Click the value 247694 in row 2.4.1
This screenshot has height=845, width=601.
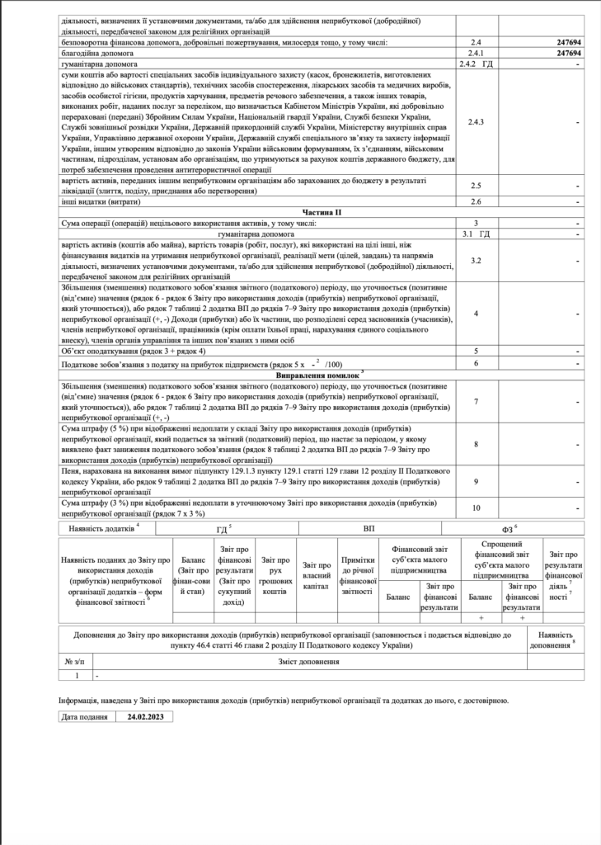pyautogui.click(x=570, y=51)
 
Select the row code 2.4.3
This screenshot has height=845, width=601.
pyautogui.click(x=475, y=122)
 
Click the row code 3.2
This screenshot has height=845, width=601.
pyautogui.click(x=475, y=261)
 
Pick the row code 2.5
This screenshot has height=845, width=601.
pyautogui.click(x=475, y=186)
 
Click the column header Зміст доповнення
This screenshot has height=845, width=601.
pyautogui.click(x=309, y=662)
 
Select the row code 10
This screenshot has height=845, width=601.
pyautogui.click(x=476, y=507)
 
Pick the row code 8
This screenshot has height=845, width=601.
pyautogui.click(x=476, y=444)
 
